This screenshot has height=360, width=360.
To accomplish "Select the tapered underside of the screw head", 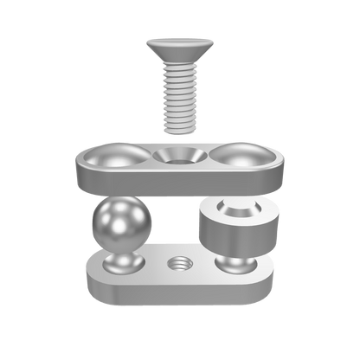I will coord(181,57).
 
